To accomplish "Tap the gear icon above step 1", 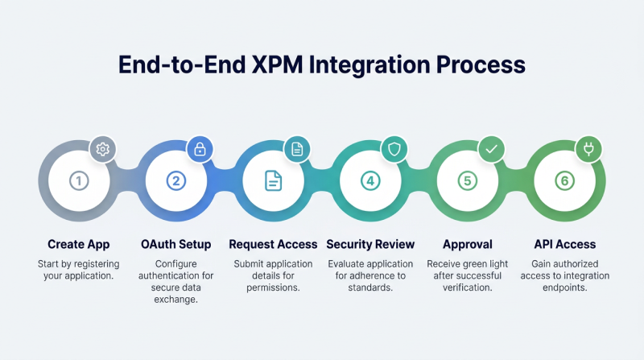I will pyautogui.click(x=102, y=149).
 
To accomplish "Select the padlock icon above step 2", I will pyautogui.click(x=200, y=149).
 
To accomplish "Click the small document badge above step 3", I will pyautogui.click(x=297, y=149).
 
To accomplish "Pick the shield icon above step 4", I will pyautogui.click(x=394, y=149).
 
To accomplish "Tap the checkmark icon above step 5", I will pyautogui.click(x=491, y=149).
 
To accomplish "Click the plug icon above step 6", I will pyautogui.click(x=588, y=149).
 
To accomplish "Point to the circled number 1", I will pyautogui.click(x=78, y=181).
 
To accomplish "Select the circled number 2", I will pyautogui.click(x=175, y=181).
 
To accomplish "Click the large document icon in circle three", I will pyautogui.click(x=273, y=181).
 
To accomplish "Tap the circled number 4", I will pyautogui.click(x=370, y=181).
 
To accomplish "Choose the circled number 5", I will pyautogui.click(x=468, y=181).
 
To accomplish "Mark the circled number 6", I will pyautogui.click(x=565, y=181).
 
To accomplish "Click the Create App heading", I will pyautogui.click(x=78, y=244).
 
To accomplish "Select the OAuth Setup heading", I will pyautogui.click(x=175, y=244).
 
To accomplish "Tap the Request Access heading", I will pyautogui.click(x=273, y=244).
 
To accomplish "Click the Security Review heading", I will pyautogui.click(x=370, y=244).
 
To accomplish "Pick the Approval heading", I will pyautogui.click(x=468, y=244).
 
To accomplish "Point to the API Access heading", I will pyautogui.click(x=565, y=244).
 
